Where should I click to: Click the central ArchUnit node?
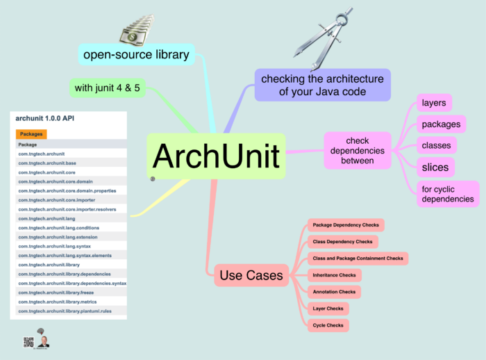(x=216, y=156)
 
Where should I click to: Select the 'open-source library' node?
(x=136, y=54)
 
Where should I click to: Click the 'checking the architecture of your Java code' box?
(x=322, y=85)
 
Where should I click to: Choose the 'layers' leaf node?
(x=434, y=103)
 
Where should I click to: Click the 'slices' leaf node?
(x=435, y=167)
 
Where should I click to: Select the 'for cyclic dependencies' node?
(x=448, y=193)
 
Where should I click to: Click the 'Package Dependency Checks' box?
(x=345, y=225)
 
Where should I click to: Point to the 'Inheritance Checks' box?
(x=334, y=275)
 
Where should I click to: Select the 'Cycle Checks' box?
(x=328, y=325)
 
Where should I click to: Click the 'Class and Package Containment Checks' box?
(x=358, y=259)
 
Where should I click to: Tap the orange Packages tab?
(x=31, y=134)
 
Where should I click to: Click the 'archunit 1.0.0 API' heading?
(x=45, y=118)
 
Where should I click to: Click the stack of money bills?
(x=137, y=31)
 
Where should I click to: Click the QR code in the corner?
(x=28, y=342)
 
